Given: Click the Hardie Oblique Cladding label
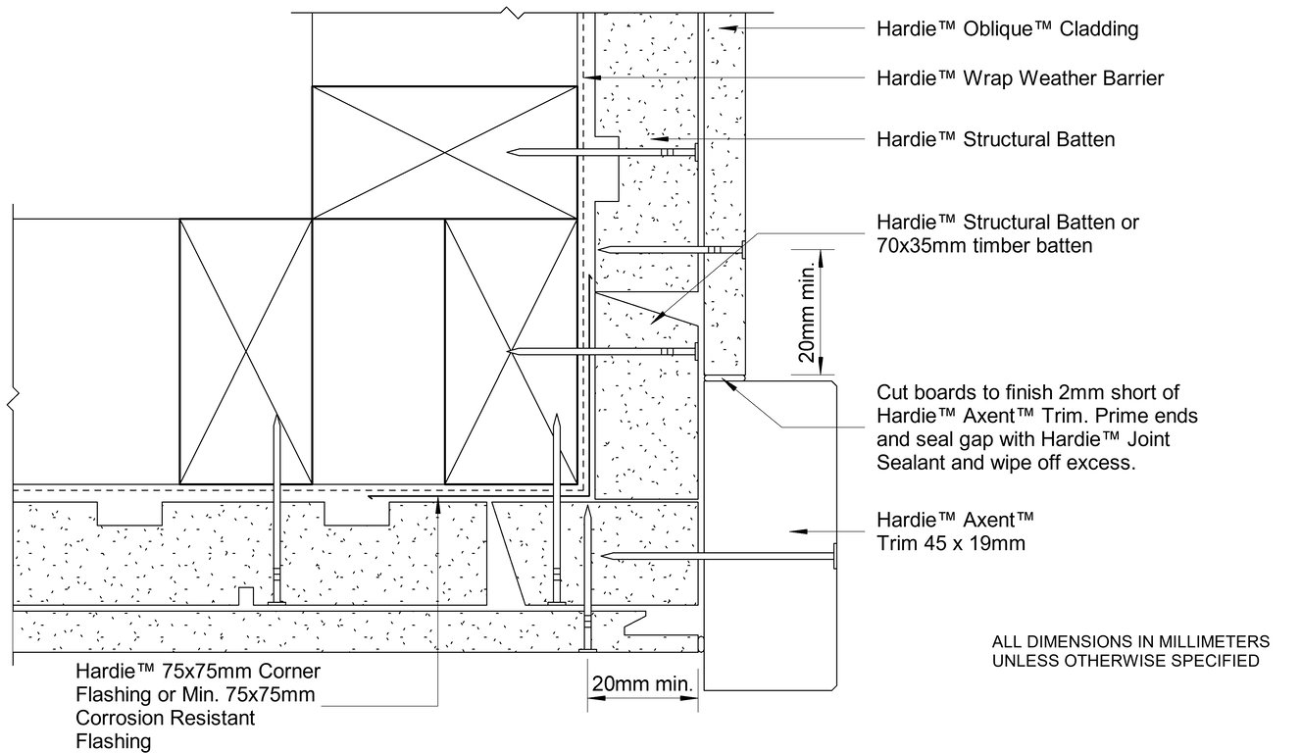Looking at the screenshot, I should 1007,29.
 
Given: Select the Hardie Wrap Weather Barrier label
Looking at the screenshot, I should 1020,78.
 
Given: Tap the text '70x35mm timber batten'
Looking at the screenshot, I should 984,246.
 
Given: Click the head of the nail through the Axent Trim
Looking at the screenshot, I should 834,556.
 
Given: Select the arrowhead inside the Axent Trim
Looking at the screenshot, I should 797,529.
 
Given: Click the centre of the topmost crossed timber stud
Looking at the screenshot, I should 443,151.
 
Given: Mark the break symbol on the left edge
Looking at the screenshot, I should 12,400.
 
